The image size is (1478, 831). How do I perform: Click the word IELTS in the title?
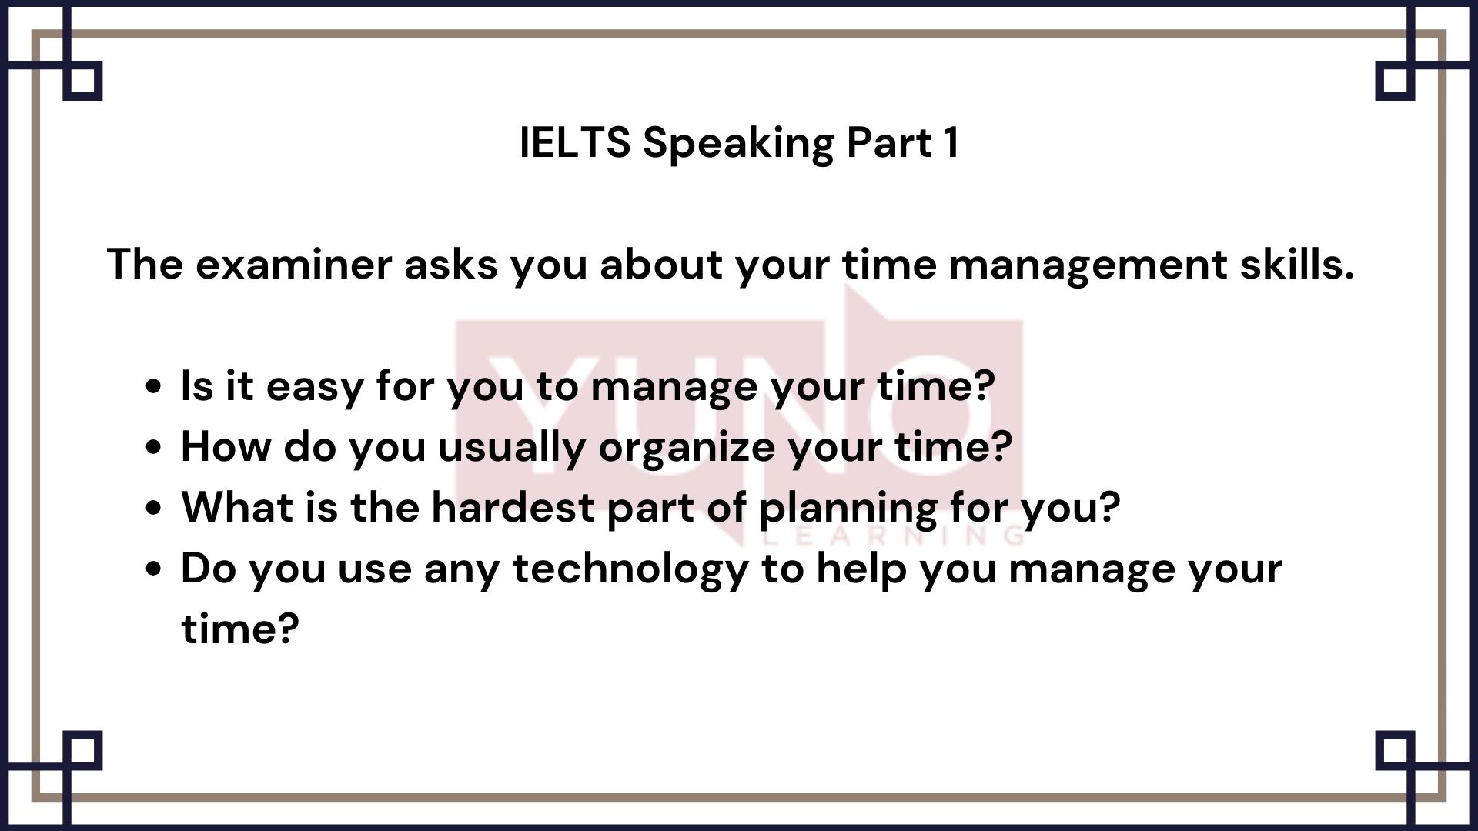(575, 142)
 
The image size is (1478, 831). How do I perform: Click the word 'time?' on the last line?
(239, 629)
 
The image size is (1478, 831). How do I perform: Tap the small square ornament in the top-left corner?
(82, 81)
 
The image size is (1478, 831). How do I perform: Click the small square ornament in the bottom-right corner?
(1395, 750)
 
